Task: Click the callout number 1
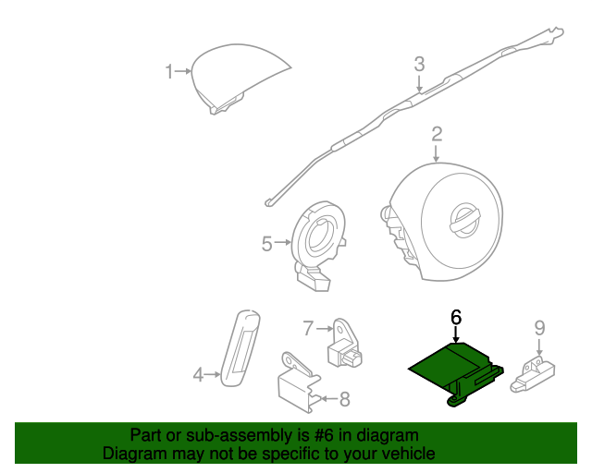coord(169,71)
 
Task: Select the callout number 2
coord(436,137)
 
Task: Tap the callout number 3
coord(418,65)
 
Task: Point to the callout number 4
coord(197,374)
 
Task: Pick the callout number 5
coord(266,244)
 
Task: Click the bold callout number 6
coord(455,317)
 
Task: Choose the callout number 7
coord(309,327)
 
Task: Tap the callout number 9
coord(538,327)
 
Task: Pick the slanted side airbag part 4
coord(240,346)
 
